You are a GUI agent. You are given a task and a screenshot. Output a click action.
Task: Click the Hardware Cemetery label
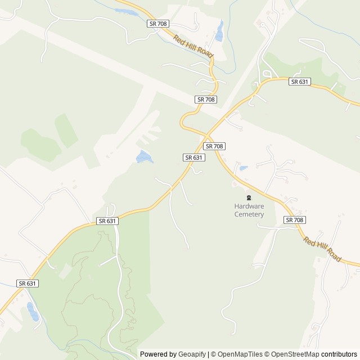(x=249, y=210)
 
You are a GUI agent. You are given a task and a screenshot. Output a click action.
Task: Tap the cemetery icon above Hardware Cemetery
(x=249, y=197)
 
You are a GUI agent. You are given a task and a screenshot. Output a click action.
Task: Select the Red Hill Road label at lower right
(x=322, y=248)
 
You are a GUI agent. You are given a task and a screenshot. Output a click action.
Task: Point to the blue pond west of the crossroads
(x=145, y=157)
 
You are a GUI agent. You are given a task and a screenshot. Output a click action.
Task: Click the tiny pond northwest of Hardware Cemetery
(x=244, y=168)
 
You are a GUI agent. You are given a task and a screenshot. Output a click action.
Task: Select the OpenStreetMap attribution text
(x=292, y=354)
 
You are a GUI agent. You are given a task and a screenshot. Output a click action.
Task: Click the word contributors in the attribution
(x=339, y=354)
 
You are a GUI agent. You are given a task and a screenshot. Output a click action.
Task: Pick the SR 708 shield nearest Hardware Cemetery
(x=294, y=220)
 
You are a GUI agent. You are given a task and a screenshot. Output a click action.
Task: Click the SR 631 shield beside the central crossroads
(x=193, y=158)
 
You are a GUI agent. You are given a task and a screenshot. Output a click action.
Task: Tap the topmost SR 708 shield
(x=157, y=24)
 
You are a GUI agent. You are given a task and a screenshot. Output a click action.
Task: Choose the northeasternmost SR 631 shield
(x=300, y=82)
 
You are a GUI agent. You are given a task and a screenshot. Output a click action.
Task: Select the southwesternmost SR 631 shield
(x=27, y=283)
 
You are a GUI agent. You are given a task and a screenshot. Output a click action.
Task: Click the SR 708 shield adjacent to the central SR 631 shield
(x=215, y=146)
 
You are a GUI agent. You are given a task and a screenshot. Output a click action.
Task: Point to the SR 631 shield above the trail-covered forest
(x=107, y=221)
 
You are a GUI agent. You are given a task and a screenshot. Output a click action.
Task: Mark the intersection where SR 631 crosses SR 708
(x=206, y=136)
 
